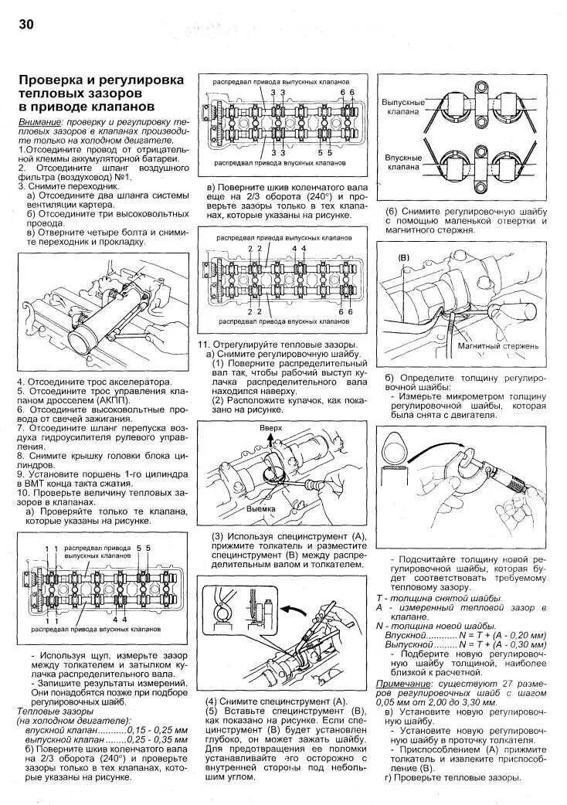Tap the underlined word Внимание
tap(39, 123)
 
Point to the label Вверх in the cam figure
tap(270, 427)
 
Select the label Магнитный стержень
tap(497, 346)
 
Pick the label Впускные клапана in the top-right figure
tap(402, 161)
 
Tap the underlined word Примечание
tap(403, 684)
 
